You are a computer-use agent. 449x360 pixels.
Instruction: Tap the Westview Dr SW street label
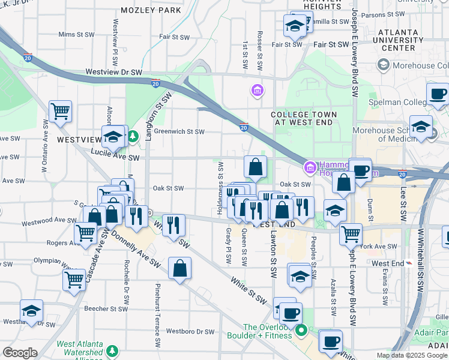[x=113, y=72]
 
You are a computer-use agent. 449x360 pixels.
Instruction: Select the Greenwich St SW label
[x=179, y=132]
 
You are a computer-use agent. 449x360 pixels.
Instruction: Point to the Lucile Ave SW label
[x=116, y=158]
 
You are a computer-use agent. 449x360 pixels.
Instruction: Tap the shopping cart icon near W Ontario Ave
[x=60, y=111]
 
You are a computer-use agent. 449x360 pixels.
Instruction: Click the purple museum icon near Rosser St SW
[x=257, y=91]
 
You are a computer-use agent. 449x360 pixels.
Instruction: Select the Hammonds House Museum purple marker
[x=310, y=166]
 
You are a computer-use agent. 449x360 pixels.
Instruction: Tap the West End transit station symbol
[x=409, y=263]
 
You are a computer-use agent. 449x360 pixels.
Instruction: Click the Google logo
[x=19, y=352]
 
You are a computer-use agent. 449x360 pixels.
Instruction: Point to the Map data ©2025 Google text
[x=412, y=355]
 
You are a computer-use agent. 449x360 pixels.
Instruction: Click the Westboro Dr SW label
[x=190, y=331]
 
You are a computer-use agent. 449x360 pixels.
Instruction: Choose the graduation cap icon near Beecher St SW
[x=31, y=311]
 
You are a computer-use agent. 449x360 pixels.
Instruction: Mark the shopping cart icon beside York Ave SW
[x=351, y=233]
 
